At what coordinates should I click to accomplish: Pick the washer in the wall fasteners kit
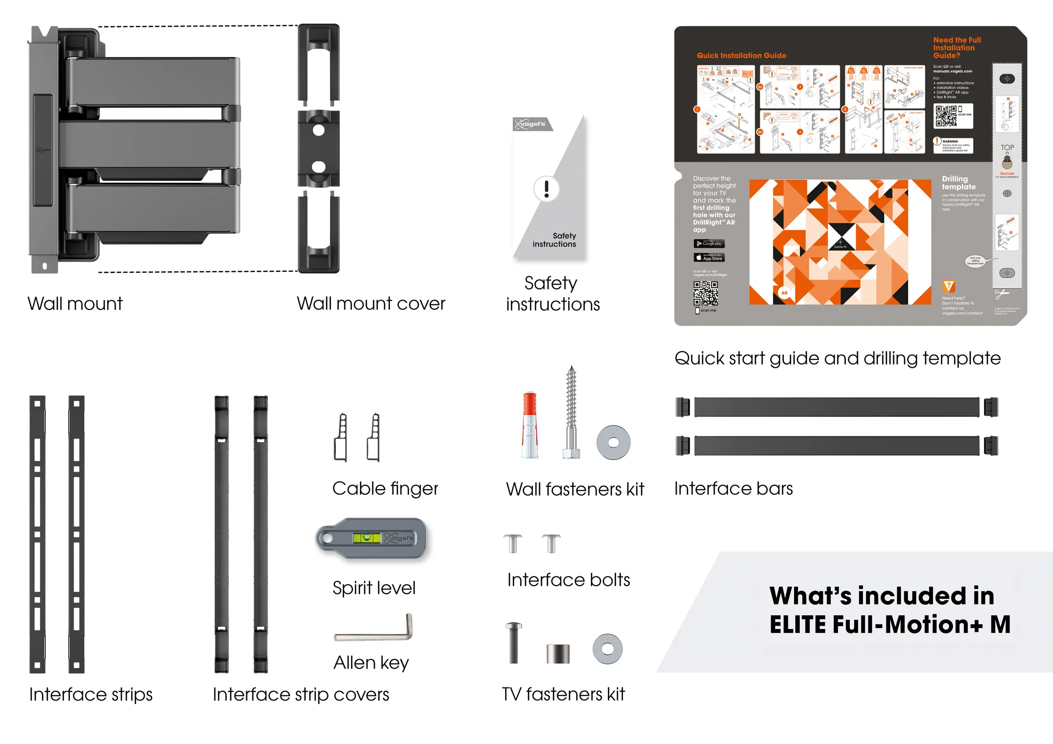tap(613, 442)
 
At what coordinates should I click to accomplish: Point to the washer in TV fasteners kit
tap(607, 649)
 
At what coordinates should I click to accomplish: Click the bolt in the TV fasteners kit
tap(513, 643)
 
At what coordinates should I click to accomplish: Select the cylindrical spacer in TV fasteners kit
tap(558, 653)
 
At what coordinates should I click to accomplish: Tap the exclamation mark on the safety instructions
tap(546, 189)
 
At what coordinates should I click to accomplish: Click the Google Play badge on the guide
tap(709, 244)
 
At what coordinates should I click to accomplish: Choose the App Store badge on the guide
tap(709, 257)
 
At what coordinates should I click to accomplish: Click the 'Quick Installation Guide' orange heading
tap(741, 56)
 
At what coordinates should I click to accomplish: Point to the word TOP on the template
tap(1007, 148)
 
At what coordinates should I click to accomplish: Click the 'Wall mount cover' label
tap(371, 304)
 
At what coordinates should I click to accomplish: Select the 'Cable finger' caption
tap(385, 488)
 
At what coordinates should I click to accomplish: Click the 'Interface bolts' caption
tap(568, 580)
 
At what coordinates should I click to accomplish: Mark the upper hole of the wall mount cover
tap(319, 131)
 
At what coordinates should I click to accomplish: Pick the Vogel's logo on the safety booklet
tap(531, 124)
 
